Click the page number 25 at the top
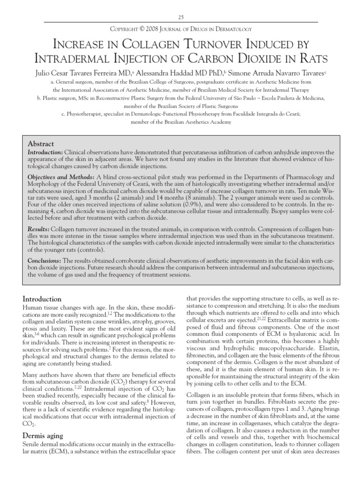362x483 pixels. pos(181,17)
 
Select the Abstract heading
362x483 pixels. pos(41,144)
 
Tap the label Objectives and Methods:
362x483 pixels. pos(61,177)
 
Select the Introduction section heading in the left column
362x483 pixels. pos(42,299)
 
